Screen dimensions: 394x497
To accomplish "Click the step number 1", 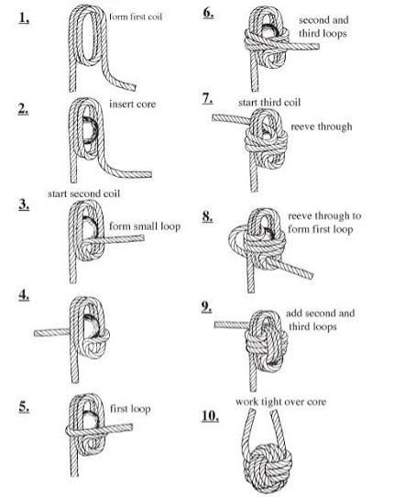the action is tap(24, 17).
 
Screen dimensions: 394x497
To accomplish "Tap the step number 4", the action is tap(24, 295).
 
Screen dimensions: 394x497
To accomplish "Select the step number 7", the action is tap(207, 99).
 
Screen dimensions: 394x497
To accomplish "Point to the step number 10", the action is tap(210, 416).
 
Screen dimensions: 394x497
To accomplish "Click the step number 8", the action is tap(207, 216).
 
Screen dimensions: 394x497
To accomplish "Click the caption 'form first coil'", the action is tap(136, 17).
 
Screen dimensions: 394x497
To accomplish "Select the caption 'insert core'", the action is tap(132, 104).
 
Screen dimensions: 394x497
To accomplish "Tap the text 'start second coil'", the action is tap(84, 193).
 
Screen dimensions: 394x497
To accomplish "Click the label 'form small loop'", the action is tap(145, 226).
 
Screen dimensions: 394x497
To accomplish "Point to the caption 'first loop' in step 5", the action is tap(130, 409).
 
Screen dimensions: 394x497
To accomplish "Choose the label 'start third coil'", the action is tap(269, 103).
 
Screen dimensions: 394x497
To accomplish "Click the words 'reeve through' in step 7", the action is tap(322, 127).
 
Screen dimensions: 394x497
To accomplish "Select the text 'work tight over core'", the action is tap(280, 402).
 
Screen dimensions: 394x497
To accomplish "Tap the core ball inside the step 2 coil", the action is tap(90, 130).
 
